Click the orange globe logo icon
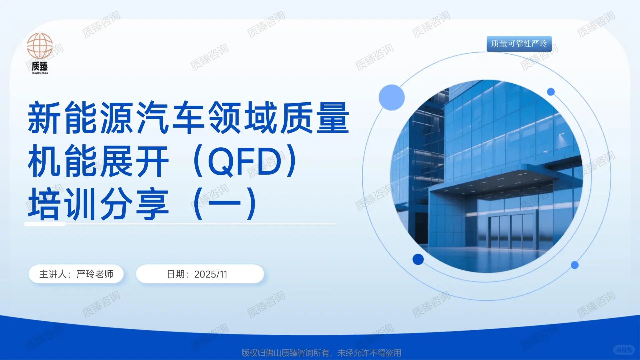pos(40,46)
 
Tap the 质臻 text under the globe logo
pos(40,66)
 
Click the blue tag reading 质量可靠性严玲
pos(519,44)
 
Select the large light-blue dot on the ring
pos(392,97)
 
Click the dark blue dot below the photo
pos(418,259)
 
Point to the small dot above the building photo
pos(551,92)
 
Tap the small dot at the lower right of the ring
pos(575,265)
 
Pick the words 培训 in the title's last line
pos(63,204)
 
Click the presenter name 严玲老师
pos(95,274)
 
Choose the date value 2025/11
pos(211,274)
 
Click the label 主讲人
pos(53,274)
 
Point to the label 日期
pos(176,274)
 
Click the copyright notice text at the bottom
pos(321,353)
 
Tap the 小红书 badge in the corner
pos(624,350)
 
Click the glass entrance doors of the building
pos(512,230)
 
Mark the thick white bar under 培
pos(45,224)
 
